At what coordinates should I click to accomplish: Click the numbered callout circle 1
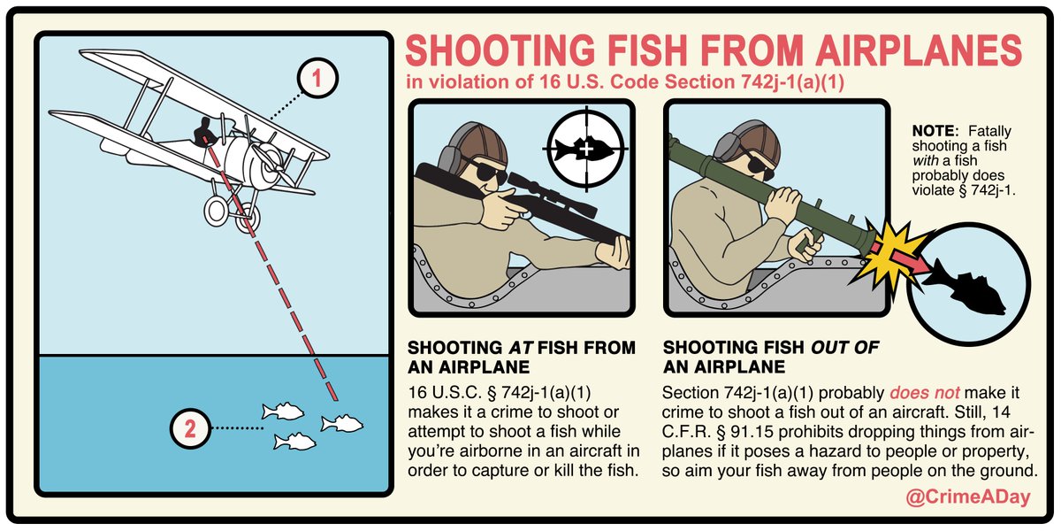tap(317, 78)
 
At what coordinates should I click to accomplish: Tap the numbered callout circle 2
tap(190, 429)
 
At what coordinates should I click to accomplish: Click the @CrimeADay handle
tap(968, 496)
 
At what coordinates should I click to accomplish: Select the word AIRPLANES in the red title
tap(919, 50)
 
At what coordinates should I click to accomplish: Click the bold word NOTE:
tap(935, 131)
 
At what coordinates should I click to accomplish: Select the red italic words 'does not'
tap(925, 393)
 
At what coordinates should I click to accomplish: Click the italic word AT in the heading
tap(521, 348)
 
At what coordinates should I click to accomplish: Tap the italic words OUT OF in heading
tap(844, 348)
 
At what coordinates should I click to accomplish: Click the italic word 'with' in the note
tap(925, 161)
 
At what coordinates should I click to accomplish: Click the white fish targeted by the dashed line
tap(342, 423)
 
